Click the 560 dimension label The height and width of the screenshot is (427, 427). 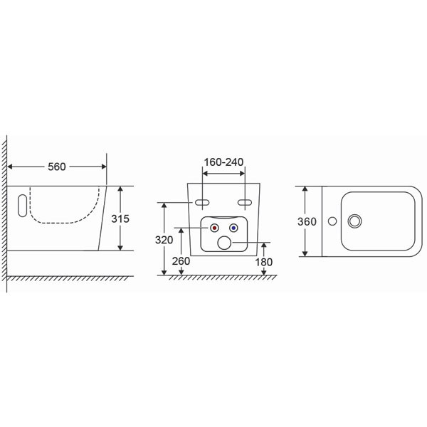click(x=57, y=167)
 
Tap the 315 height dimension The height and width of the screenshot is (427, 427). click(x=120, y=218)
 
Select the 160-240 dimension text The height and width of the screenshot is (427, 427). click(x=223, y=162)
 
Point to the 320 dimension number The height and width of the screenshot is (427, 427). click(x=164, y=240)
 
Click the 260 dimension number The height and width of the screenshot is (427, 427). click(x=181, y=261)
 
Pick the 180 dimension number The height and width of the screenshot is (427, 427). click(x=263, y=262)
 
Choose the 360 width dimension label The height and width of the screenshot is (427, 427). click(x=307, y=221)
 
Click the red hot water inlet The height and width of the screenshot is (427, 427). click(x=215, y=228)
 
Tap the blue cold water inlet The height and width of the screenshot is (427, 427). click(x=233, y=228)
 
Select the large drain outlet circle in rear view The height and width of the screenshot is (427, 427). click(x=224, y=243)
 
